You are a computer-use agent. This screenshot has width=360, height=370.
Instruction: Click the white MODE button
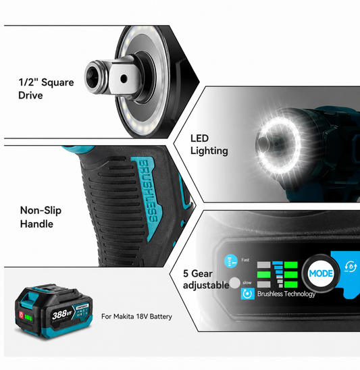coord(321,273)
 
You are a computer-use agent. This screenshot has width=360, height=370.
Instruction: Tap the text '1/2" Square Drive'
coord(46,88)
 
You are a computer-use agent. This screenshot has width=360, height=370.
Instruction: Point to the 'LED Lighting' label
coord(209,144)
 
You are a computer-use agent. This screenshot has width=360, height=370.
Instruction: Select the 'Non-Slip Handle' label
coord(41,217)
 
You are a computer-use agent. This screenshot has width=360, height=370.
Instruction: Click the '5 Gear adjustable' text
coord(206,280)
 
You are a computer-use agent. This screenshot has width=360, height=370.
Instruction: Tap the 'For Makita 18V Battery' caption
coord(136,317)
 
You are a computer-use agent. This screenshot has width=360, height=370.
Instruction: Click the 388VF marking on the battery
coord(61,315)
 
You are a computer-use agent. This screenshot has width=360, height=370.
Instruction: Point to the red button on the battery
coord(21,315)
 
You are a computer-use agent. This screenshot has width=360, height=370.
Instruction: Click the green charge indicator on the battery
coord(28,317)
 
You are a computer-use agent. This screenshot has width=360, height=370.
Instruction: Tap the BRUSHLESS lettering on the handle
coord(148,191)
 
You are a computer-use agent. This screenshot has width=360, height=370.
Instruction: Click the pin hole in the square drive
coord(124,78)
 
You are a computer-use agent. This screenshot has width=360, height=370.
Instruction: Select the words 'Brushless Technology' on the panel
coord(286,294)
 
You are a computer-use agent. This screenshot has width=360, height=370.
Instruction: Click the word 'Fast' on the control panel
coord(245,260)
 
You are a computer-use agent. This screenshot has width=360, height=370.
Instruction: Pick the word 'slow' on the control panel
coord(247,282)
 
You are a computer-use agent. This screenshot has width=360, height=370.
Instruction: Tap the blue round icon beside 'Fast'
coord(231,261)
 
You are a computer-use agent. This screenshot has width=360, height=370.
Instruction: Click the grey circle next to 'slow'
coord(234,283)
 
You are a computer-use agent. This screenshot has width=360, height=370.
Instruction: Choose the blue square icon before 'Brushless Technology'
coord(248,294)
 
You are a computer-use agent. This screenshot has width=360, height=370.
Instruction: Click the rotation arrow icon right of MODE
coord(351,267)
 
